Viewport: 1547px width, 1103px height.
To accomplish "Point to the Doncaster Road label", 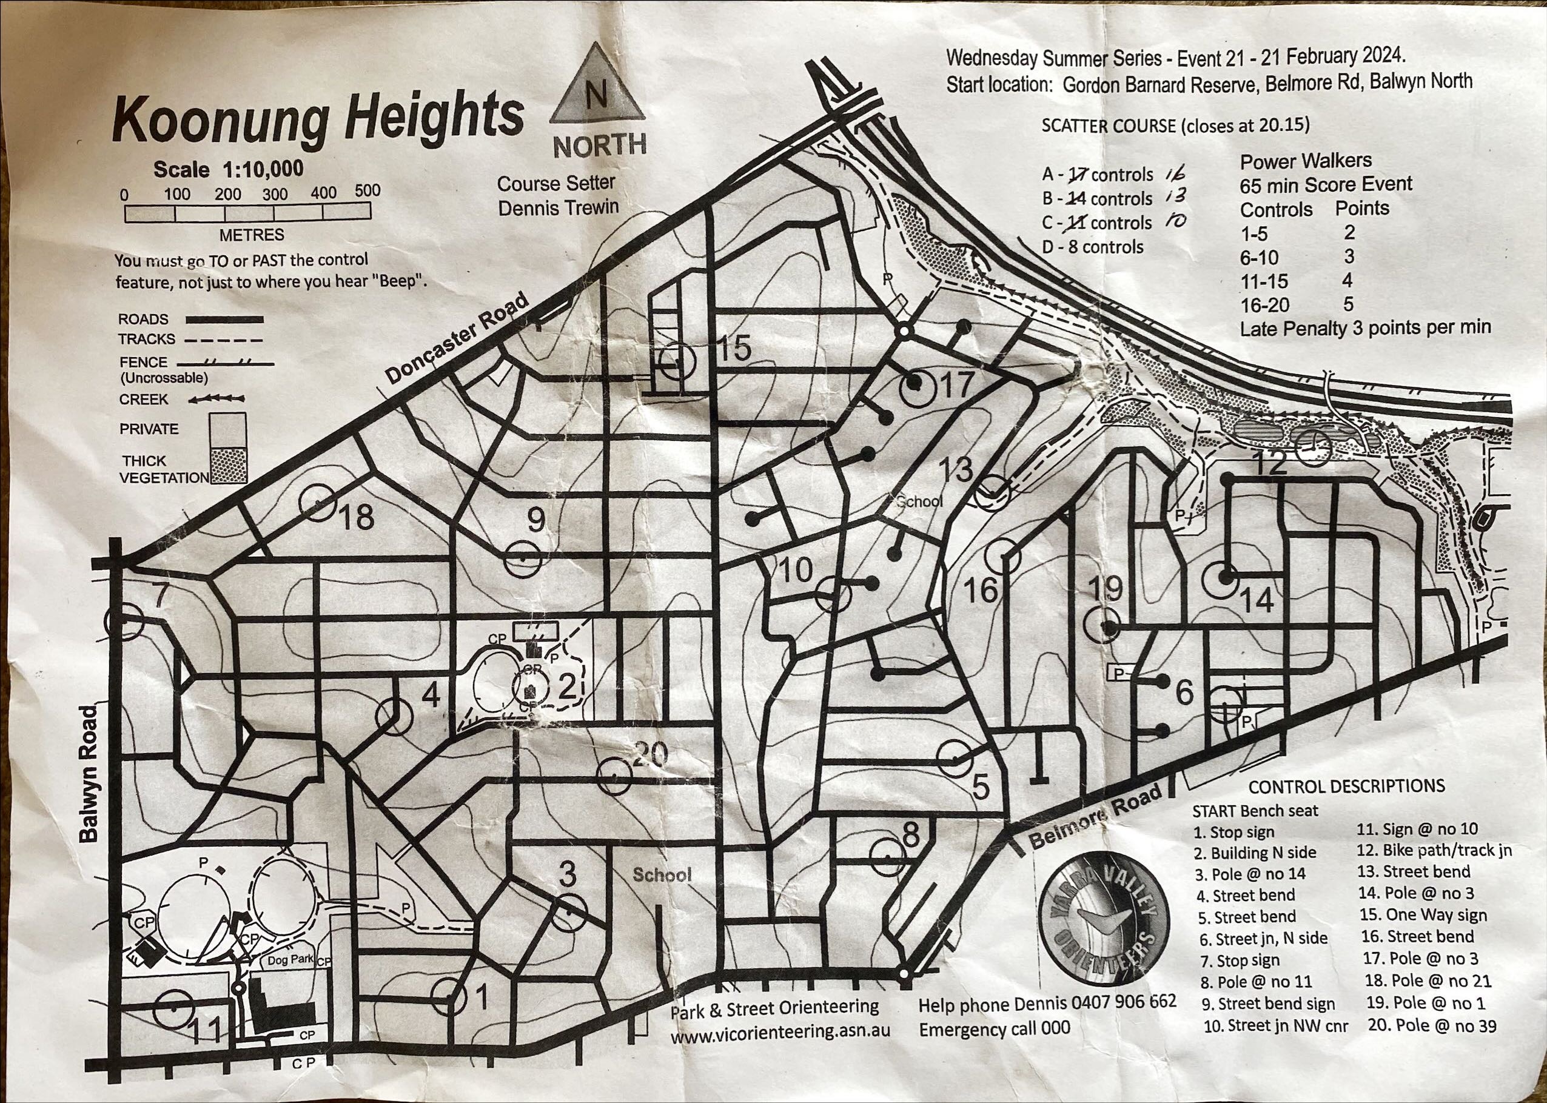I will [x=457, y=339].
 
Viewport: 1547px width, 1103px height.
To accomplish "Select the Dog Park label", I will [x=290, y=960].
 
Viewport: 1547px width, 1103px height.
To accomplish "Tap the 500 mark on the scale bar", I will [x=367, y=192].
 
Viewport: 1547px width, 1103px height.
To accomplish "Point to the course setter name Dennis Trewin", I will [x=559, y=208].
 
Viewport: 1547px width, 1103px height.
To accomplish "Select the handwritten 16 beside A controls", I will [x=1173, y=173].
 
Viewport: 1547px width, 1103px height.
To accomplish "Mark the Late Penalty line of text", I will [x=1365, y=328].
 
